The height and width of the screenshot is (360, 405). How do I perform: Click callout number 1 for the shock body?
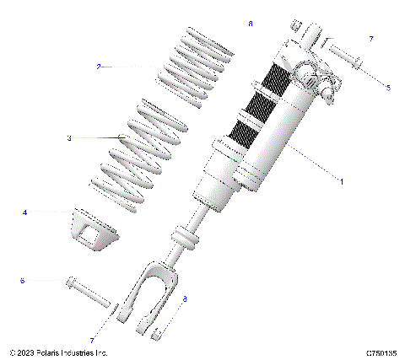pyautogui.click(x=341, y=180)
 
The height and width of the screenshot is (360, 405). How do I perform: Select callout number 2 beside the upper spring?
pyautogui.click(x=99, y=66)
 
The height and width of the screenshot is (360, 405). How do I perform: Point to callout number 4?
pyautogui.click(x=25, y=212)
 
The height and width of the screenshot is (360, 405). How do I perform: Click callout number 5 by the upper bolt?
pyautogui.click(x=388, y=88)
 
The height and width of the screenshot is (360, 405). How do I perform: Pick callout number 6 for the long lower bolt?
pyautogui.click(x=23, y=280)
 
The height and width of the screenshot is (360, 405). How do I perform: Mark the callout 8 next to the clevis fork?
pyautogui.click(x=185, y=299)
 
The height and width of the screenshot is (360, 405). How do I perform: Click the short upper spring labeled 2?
pyautogui.click(x=195, y=67)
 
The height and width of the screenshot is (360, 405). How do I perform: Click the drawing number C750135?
pyautogui.click(x=382, y=352)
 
